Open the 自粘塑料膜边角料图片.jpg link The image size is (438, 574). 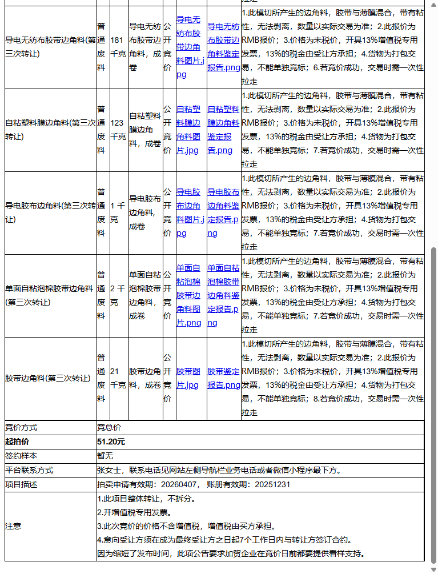click(x=188, y=130)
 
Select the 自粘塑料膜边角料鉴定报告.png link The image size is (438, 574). click(x=223, y=130)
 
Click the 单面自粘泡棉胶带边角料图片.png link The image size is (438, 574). click(x=188, y=295)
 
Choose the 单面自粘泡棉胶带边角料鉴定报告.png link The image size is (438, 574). click(x=223, y=295)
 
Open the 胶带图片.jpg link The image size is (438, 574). click(x=188, y=378)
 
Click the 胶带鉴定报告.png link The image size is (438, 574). click(x=223, y=378)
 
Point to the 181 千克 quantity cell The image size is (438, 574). click(x=118, y=47)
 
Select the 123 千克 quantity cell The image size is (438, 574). click(x=118, y=130)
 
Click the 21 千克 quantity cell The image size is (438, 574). click(x=118, y=378)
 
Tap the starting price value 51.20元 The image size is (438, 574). click(x=111, y=441)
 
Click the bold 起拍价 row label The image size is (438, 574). click(x=17, y=441)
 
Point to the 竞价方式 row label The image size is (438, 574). click(x=21, y=427)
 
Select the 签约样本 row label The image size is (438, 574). click(x=21, y=456)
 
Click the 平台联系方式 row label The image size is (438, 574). click(x=29, y=470)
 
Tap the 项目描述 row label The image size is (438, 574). click(x=21, y=484)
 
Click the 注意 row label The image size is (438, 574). click(x=13, y=526)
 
